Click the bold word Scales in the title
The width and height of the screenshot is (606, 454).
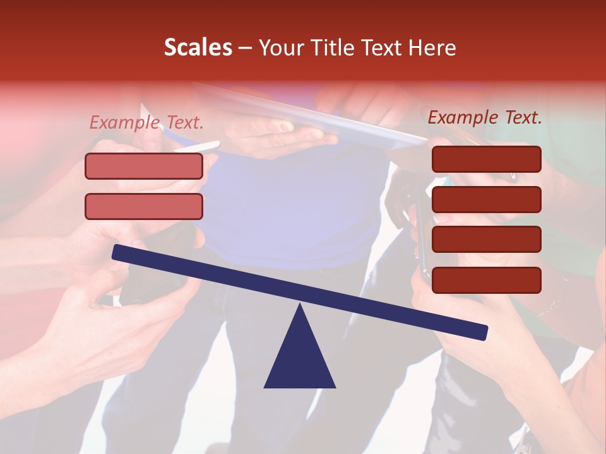198,47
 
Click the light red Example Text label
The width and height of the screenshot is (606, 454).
146,122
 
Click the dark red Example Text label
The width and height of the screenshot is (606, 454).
485,117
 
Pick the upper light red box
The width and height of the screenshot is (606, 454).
144,166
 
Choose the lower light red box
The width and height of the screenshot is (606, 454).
144,206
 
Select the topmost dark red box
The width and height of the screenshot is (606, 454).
487,159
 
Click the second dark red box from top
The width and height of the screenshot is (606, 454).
487,199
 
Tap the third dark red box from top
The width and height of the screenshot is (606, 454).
487,240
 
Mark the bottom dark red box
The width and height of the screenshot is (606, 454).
487,280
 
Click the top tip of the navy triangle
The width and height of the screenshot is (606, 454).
300,305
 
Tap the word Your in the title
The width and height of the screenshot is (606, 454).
282,47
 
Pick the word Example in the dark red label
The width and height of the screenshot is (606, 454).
463,117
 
